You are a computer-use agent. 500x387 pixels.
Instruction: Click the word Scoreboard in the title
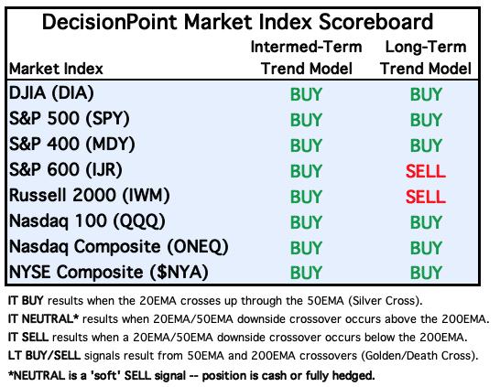click(x=375, y=22)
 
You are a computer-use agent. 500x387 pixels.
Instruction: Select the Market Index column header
click(x=56, y=69)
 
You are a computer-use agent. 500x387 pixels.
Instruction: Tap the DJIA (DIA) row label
click(x=51, y=93)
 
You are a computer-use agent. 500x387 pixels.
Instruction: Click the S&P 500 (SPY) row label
click(x=70, y=119)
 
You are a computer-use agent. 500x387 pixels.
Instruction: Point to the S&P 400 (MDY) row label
click(x=71, y=145)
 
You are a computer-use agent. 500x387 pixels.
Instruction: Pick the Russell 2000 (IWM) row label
click(x=90, y=195)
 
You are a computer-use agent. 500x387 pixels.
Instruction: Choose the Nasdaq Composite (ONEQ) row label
click(x=119, y=247)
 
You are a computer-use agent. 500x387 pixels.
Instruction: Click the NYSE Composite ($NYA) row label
click(x=109, y=273)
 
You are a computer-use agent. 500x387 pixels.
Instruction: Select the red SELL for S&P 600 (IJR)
click(x=426, y=171)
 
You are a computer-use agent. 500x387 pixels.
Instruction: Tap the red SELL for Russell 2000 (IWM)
click(x=426, y=197)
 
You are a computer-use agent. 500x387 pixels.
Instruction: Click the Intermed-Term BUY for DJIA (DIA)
click(x=306, y=94)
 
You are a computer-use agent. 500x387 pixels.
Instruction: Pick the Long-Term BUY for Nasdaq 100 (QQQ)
click(x=426, y=222)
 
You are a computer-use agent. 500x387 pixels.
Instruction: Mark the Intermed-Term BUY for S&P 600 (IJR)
click(x=306, y=171)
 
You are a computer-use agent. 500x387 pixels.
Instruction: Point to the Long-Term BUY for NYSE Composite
click(x=426, y=273)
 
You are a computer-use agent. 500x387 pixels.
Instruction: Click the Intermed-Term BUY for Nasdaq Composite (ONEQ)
click(x=306, y=248)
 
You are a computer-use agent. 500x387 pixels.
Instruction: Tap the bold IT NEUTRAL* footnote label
click(x=43, y=318)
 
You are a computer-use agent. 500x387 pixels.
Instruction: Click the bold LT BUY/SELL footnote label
click(x=44, y=356)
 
